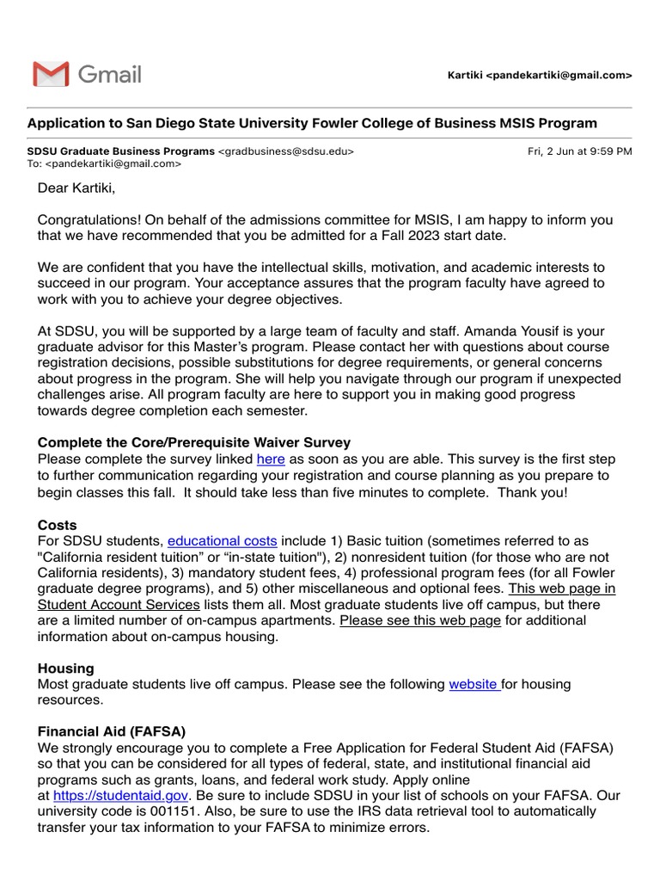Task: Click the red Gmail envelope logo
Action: click(x=51, y=75)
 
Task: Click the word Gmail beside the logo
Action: click(x=110, y=75)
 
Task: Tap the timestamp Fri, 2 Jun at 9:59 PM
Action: click(x=579, y=151)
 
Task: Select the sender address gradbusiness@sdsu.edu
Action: click(x=285, y=151)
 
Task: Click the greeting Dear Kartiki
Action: click(x=76, y=188)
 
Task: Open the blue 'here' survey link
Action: click(x=271, y=459)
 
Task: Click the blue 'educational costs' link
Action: click(x=222, y=541)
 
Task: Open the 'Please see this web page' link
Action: click(x=420, y=621)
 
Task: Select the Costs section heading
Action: click(x=57, y=525)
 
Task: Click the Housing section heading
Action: click(x=66, y=668)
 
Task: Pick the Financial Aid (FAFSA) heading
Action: click(x=112, y=732)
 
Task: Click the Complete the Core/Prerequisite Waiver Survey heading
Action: click(x=194, y=442)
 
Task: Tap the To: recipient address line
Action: click(x=105, y=163)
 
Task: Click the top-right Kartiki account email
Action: click(x=540, y=76)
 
